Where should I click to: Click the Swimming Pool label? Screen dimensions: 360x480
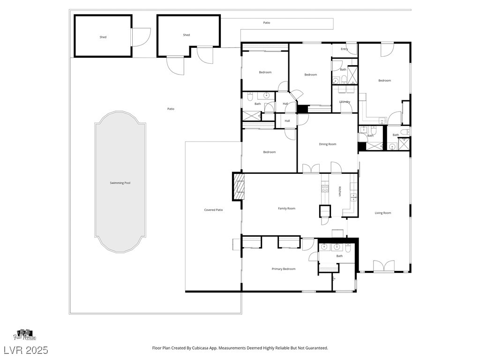pos(120,183)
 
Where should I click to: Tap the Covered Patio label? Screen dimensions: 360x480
pos(213,210)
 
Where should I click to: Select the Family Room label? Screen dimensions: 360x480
pos(286,209)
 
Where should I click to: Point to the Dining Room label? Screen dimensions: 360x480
pos(328,144)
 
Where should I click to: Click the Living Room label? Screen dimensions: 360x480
pos(382,213)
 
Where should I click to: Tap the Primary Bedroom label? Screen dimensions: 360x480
pos(284,269)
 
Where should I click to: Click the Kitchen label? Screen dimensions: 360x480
pos(340,191)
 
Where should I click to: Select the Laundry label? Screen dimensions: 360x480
pos(345,102)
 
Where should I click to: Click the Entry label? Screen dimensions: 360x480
pos(344,49)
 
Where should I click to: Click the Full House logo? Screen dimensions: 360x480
pos(24,335)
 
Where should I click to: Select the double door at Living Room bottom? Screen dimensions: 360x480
pos(383,266)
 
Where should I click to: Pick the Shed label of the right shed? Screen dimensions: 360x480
pos(186,35)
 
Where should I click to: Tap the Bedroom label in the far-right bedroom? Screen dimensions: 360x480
pos(384,81)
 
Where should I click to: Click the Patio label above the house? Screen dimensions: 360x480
pos(266,22)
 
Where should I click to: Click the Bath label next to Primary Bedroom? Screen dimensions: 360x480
pos(339,256)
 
